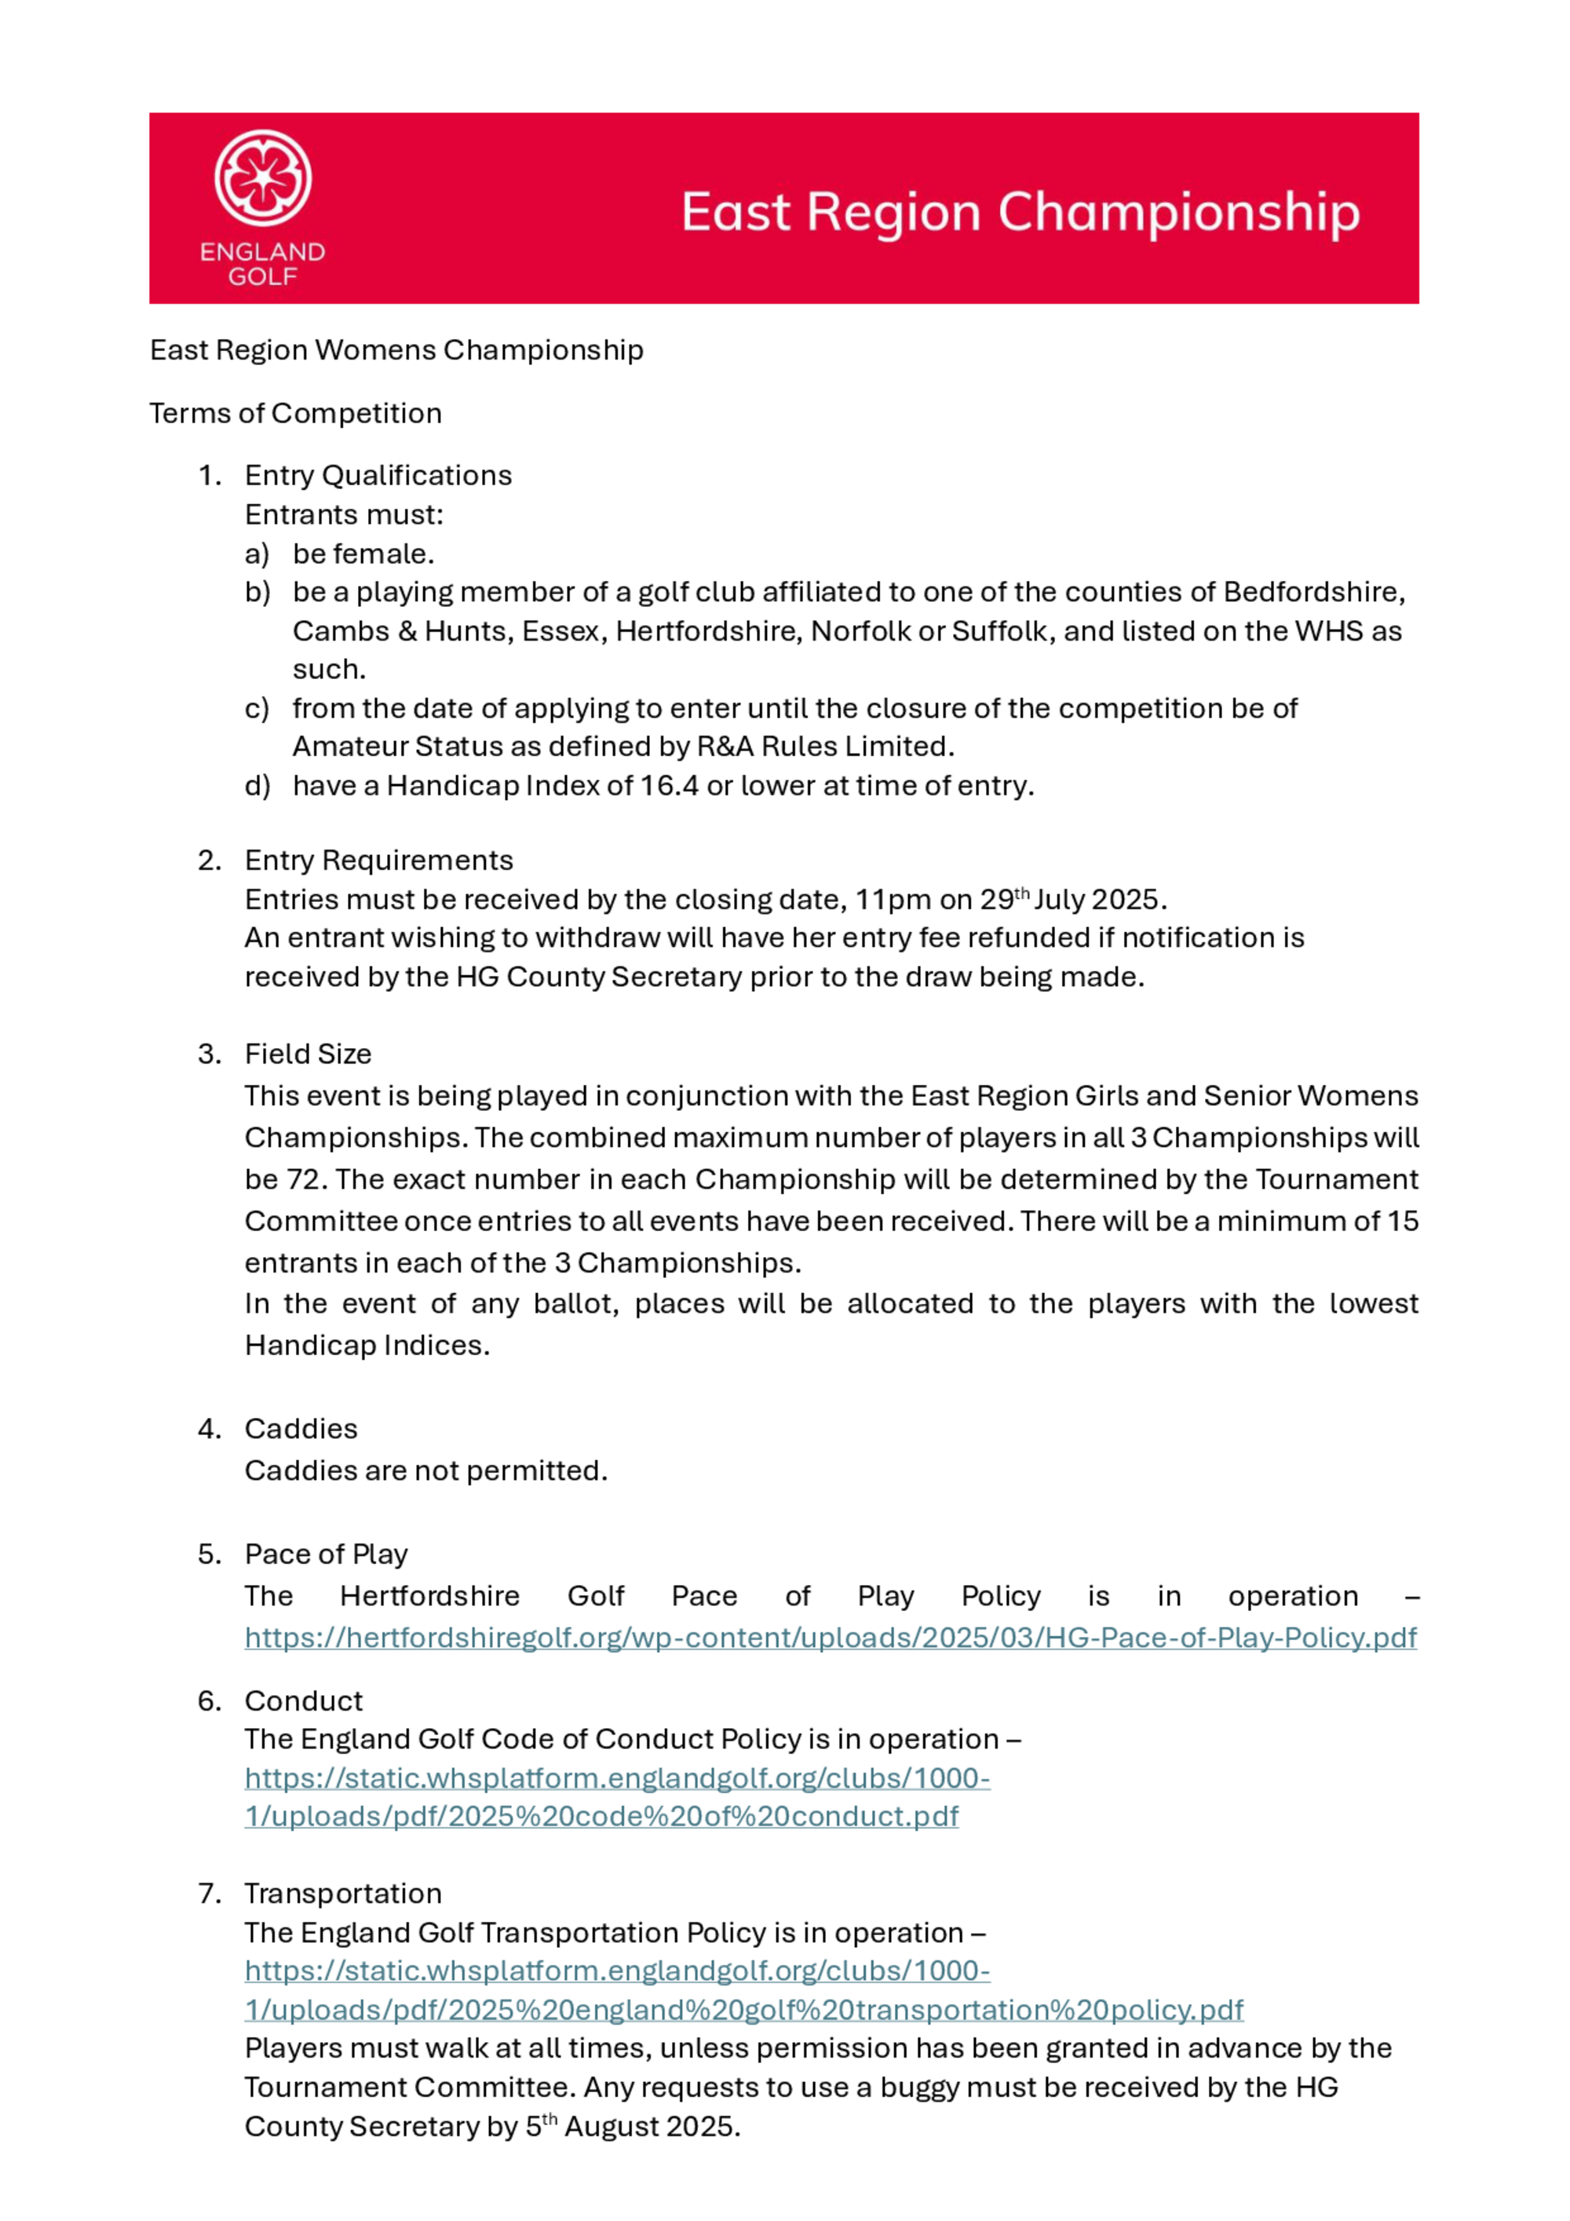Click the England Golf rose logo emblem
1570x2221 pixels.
[x=262, y=178]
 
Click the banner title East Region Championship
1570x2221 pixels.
[x=1020, y=212]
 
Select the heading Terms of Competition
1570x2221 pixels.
[x=295, y=413]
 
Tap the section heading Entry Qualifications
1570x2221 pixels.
[x=378, y=475]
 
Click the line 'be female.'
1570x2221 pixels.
[x=363, y=553]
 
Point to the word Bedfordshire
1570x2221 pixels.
[x=1313, y=591]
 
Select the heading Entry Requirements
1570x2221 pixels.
[x=378, y=860]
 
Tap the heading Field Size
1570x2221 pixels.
[x=308, y=1054]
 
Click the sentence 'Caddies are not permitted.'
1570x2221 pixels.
[x=425, y=1470]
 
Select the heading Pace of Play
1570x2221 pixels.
[x=326, y=1554]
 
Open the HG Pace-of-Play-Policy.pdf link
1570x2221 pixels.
[x=830, y=1637]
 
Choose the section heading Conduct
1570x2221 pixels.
[x=304, y=1700]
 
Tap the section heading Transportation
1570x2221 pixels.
[x=342, y=1893]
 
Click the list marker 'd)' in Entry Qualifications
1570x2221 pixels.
[x=257, y=785]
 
